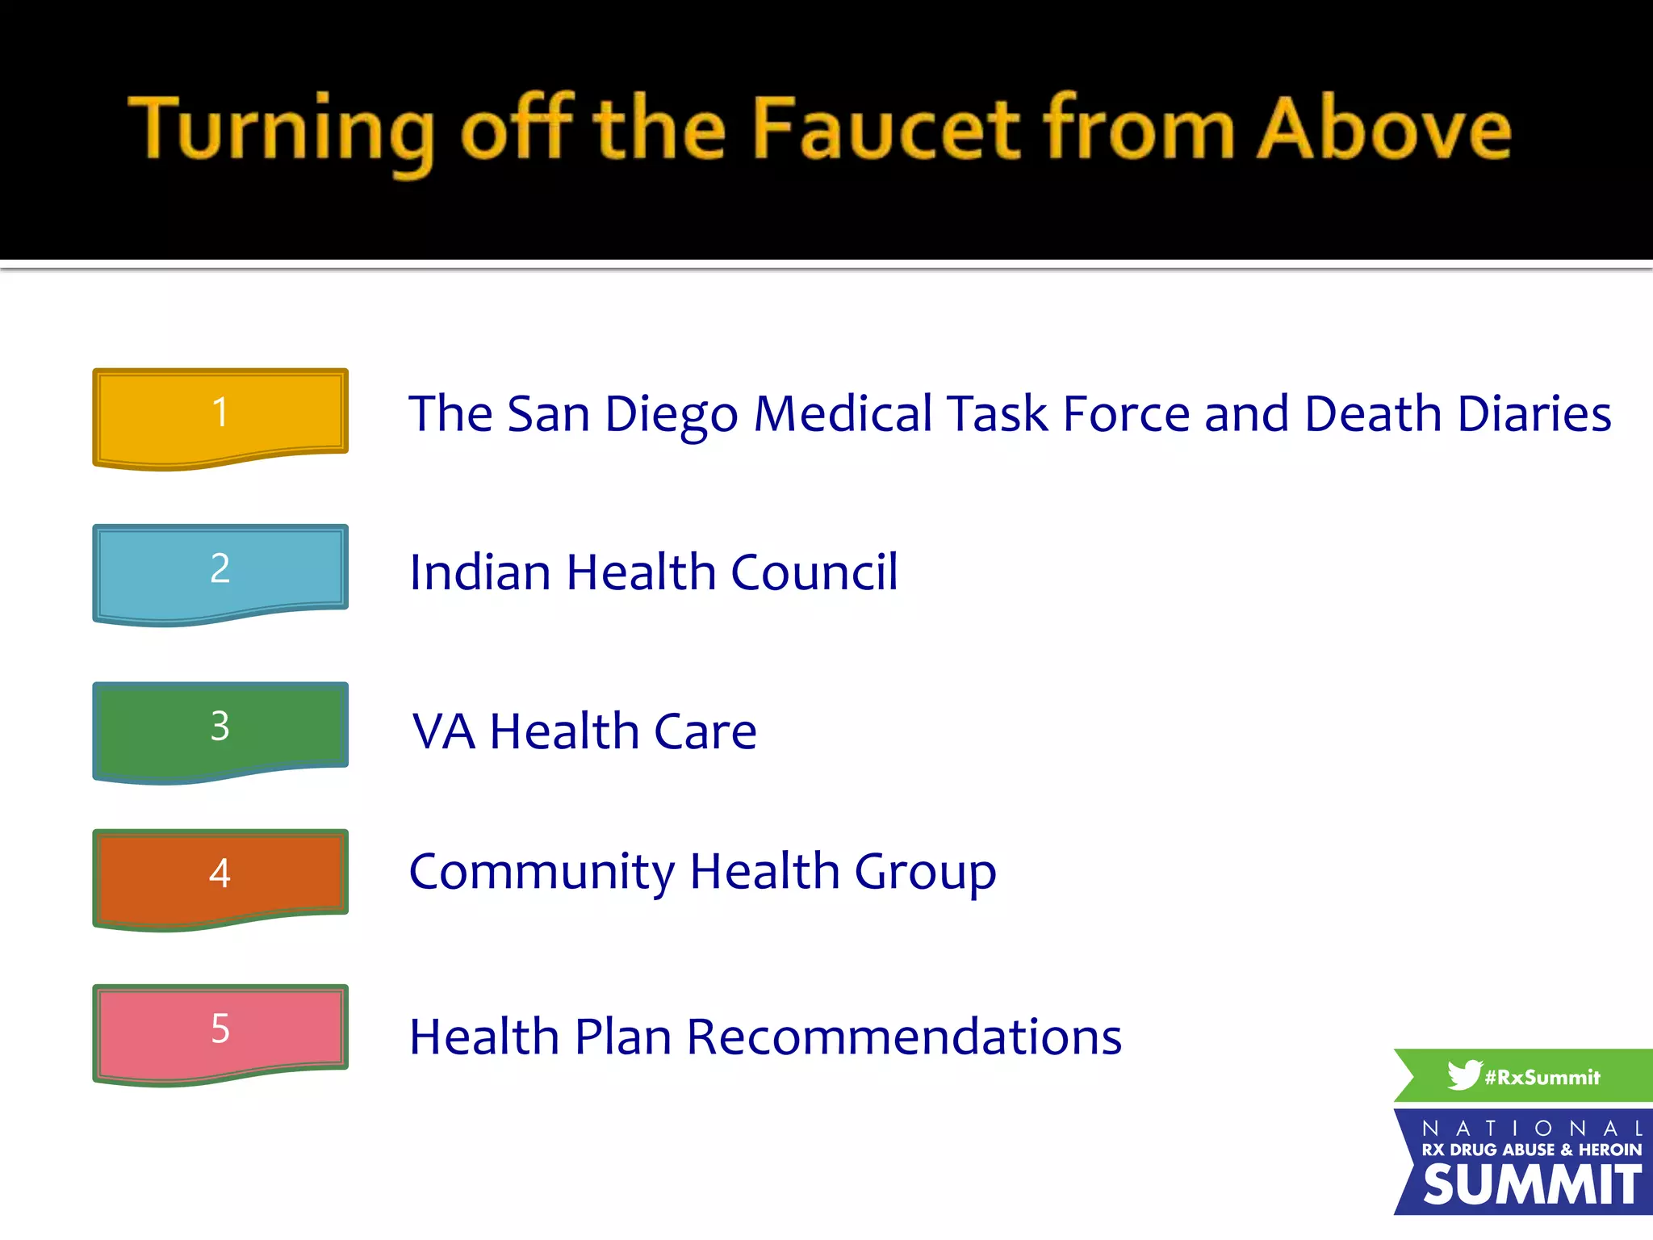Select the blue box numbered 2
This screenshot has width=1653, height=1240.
tap(220, 571)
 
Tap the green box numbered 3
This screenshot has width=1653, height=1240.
tap(220, 728)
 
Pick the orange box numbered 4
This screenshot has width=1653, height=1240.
tap(220, 875)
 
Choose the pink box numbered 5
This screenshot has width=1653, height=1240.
tap(220, 1031)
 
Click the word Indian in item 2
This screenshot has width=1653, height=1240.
tap(479, 572)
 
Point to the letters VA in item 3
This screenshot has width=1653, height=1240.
tap(443, 731)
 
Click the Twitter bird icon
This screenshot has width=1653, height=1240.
tap(1463, 1075)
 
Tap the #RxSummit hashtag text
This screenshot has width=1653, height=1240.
tap(1542, 1078)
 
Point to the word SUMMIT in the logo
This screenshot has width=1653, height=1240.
tap(1531, 1185)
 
